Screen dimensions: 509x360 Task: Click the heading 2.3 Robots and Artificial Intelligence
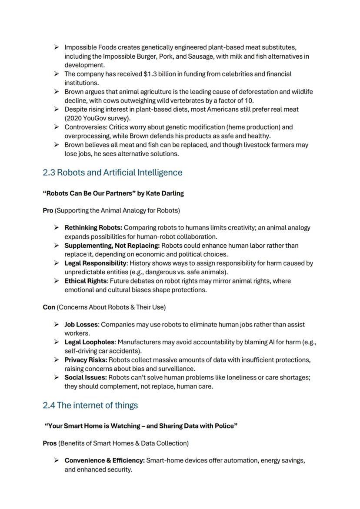[x=113, y=173]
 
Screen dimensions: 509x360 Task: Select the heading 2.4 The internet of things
[x=90, y=406]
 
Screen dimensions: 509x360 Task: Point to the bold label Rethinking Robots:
[x=93, y=228]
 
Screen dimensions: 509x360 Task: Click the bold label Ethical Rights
[x=85, y=281]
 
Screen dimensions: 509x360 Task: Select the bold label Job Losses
[x=81, y=325]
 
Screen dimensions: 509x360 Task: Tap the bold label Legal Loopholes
[x=89, y=343]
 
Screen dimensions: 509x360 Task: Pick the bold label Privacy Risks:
[x=86, y=360]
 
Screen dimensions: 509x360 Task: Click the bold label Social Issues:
[x=85, y=378]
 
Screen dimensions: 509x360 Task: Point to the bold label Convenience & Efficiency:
[x=104, y=461]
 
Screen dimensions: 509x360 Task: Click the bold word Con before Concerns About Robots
[x=49, y=307]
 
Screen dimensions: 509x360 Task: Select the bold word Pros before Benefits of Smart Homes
[x=50, y=443]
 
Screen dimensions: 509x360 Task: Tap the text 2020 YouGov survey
[x=97, y=118]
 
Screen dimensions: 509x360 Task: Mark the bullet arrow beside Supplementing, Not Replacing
[x=57, y=246]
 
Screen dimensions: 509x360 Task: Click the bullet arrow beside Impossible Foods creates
[x=57, y=47]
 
